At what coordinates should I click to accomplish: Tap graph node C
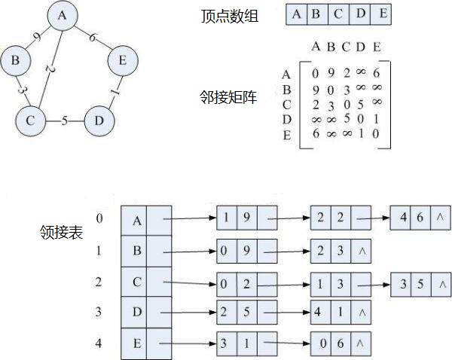click(31, 120)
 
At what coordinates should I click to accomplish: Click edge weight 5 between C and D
click(65, 120)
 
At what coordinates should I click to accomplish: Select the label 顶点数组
click(229, 16)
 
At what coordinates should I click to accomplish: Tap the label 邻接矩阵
click(229, 97)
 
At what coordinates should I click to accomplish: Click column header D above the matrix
click(361, 47)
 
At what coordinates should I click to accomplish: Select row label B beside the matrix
click(286, 90)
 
